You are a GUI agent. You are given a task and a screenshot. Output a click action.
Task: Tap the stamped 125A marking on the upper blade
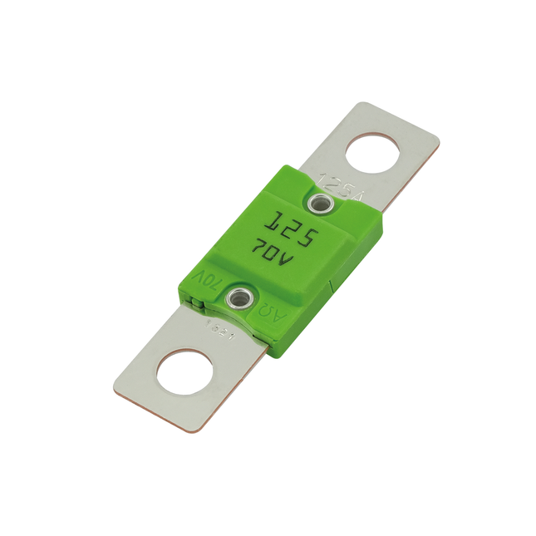(x=341, y=187)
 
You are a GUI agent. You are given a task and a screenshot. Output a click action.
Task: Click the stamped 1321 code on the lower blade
(x=217, y=331)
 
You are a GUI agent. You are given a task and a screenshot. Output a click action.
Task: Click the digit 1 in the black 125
(x=272, y=220)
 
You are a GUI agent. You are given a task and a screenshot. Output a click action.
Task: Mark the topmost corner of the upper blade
(x=362, y=102)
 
